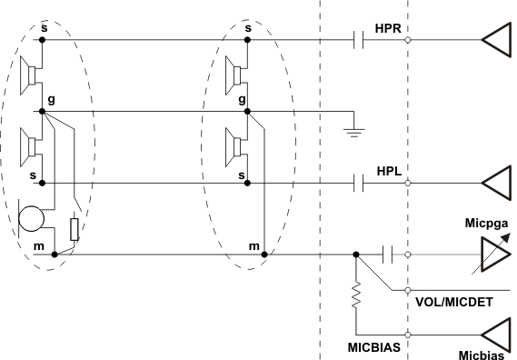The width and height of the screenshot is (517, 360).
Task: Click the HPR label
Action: pos(388,27)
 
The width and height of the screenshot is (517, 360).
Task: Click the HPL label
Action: pos(388,171)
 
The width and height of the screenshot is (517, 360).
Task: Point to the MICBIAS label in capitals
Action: pos(374,346)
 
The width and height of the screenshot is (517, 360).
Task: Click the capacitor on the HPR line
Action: pos(359,40)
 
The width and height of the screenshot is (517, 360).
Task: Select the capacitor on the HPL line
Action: pos(359,184)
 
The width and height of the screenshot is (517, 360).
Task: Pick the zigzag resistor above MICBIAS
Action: pos(356,296)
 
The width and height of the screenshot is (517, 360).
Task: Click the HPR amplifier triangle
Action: pos(497,40)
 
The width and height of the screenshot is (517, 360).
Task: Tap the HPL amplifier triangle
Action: pos(497,184)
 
